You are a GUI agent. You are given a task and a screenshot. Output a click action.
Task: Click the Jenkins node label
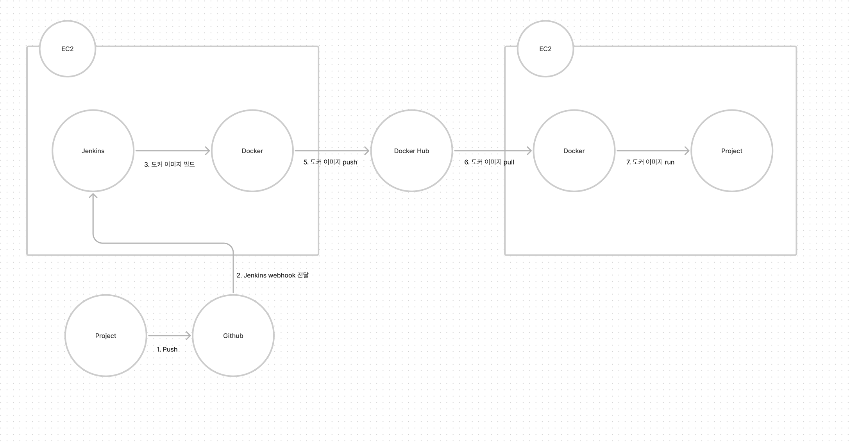pyautogui.click(x=93, y=151)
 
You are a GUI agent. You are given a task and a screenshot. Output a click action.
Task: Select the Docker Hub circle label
pyautogui.click(x=411, y=151)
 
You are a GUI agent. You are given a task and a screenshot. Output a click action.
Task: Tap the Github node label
pyautogui.click(x=233, y=336)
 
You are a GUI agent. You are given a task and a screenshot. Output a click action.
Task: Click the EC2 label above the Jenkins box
pyautogui.click(x=68, y=49)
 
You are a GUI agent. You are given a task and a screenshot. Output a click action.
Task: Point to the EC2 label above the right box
pyautogui.click(x=545, y=49)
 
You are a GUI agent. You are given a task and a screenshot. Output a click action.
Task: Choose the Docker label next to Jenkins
pyautogui.click(x=252, y=151)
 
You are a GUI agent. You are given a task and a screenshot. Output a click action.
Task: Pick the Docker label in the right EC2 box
pyautogui.click(x=574, y=151)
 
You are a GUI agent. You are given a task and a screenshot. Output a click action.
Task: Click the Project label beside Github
pyautogui.click(x=105, y=336)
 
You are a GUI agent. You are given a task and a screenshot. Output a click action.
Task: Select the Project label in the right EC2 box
pyautogui.click(x=731, y=151)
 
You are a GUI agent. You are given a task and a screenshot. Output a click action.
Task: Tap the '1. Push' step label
pyautogui.click(x=167, y=349)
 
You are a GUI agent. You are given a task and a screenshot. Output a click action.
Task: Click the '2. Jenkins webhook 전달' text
pyautogui.click(x=272, y=275)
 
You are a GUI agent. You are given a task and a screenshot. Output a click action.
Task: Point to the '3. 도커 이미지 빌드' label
pyautogui.click(x=170, y=165)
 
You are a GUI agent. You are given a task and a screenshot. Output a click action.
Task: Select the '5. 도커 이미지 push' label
pyautogui.click(x=330, y=162)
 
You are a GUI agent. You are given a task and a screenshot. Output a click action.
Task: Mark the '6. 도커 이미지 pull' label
pyautogui.click(x=489, y=162)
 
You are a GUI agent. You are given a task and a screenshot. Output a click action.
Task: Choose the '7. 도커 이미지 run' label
pyautogui.click(x=650, y=162)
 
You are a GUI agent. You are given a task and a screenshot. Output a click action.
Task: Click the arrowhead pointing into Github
pyautogui.click(x=188, y=336)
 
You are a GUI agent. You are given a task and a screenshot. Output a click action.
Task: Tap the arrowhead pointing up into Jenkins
pyautogui.click(x=93, y=196)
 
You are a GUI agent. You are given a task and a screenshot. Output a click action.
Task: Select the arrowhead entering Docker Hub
pyautogui.click(x=367, y=151)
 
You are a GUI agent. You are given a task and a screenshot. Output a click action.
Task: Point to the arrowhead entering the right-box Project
pyautogui.click(x=687, y=151)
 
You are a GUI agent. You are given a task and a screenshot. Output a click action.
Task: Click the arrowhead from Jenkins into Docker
pyautogui.click(x=207, y=151)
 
